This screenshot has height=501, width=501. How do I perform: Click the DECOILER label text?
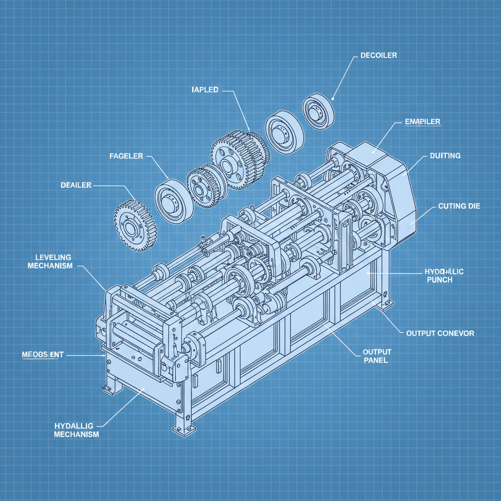(378, 55)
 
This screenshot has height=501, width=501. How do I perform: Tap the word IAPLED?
(205, 90)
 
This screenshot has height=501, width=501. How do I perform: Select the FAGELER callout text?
(126, 156)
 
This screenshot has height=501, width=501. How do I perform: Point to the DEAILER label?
(76, 185)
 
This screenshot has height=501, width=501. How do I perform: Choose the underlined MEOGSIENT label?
(43, 354)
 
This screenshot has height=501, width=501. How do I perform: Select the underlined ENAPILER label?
(423, 121)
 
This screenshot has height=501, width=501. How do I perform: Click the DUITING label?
(445, 156)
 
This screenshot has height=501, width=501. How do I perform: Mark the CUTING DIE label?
(459, 206)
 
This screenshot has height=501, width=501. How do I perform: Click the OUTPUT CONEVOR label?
(440, 333)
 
